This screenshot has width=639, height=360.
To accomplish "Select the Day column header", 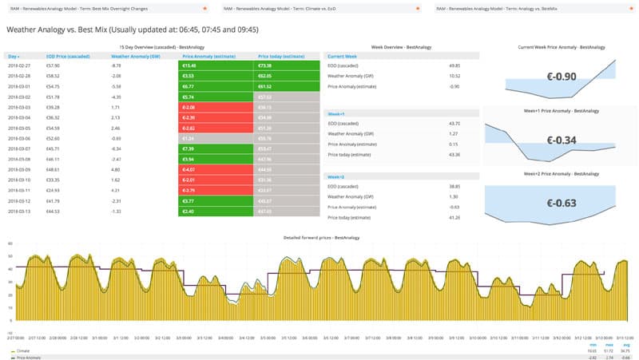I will pyautogui.click(x=14, y=57).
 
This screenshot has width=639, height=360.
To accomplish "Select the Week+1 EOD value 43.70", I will pyautogui.click(x=455, y=124).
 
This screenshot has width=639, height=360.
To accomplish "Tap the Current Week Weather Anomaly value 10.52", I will pyautogui.click(x=455, y=76).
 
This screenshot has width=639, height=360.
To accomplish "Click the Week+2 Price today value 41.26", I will pyautogui.click(x=455, y=217).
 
